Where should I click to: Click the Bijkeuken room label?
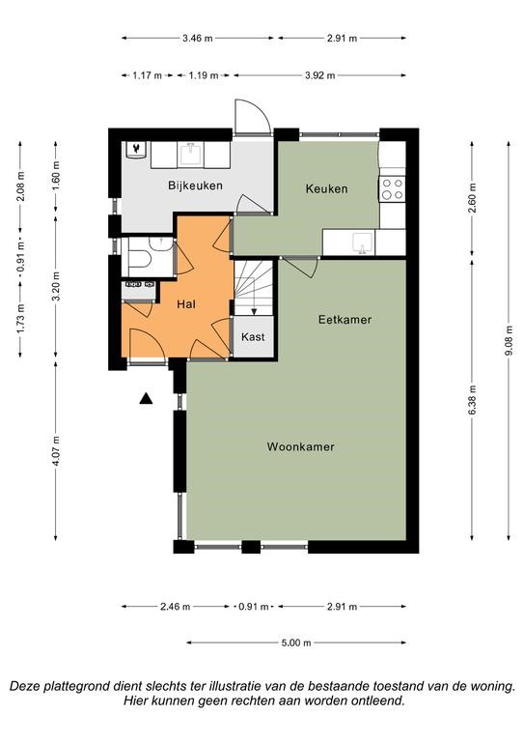195,185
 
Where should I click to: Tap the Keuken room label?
326,188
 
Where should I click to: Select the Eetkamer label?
345,320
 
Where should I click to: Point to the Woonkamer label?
300,446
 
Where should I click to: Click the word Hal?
186,303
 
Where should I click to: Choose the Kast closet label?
253,337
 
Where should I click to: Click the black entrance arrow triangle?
146,399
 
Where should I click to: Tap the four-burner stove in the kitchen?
392,188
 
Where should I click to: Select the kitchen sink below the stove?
363,243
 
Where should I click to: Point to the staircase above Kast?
254,288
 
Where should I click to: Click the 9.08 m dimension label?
509,341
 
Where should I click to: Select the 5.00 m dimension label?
296,642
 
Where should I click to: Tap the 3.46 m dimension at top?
198,39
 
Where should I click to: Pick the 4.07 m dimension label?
56,450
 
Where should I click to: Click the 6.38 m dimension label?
473,400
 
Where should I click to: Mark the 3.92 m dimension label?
319,75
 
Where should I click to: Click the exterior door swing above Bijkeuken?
253,117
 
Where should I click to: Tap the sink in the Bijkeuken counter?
191,155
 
